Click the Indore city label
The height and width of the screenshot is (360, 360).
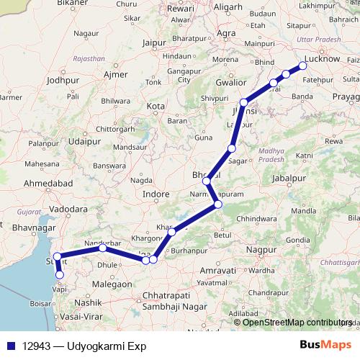point(156,194)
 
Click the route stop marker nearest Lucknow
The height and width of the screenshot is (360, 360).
point(303,66)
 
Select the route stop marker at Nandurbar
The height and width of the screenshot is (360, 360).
point(103,248)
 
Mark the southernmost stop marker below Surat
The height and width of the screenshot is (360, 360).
point(59,274)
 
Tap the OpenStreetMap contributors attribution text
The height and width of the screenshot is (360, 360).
point(296,322)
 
